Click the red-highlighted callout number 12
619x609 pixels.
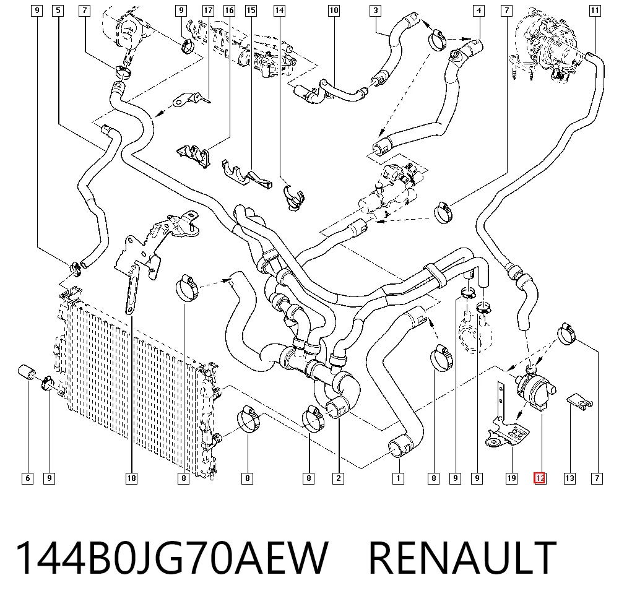tap(540, 478)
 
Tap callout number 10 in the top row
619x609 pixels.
tap(334, 11)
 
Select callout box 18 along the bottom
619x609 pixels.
tap(131, 478)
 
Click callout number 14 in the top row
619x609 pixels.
tap(279, 11)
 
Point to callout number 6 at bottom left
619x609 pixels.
tap(28, 478)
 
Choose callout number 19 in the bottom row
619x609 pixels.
tap(512, 478)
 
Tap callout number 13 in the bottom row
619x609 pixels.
tap(569, 478)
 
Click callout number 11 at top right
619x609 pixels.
tap(595, 11)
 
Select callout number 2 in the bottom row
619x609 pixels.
tap(339, 478)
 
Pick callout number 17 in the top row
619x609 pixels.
tap(208, 11)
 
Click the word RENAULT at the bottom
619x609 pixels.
tap(462, 558)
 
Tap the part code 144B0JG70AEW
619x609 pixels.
tap(171, 558)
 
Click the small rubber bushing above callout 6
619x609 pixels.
tap(27, 372)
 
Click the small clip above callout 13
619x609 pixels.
tap(579, 401)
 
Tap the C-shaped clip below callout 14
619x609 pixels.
tap(294, 197)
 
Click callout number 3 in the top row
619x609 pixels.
tap(376, 11)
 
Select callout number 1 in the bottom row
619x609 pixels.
tap(398, 478)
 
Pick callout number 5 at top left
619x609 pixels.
tap(58, 11)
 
